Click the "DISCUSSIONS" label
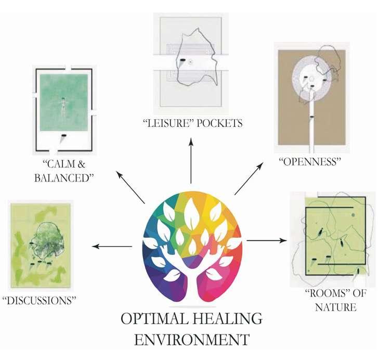tap(40, 300)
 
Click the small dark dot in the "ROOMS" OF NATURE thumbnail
tap(352, 214)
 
